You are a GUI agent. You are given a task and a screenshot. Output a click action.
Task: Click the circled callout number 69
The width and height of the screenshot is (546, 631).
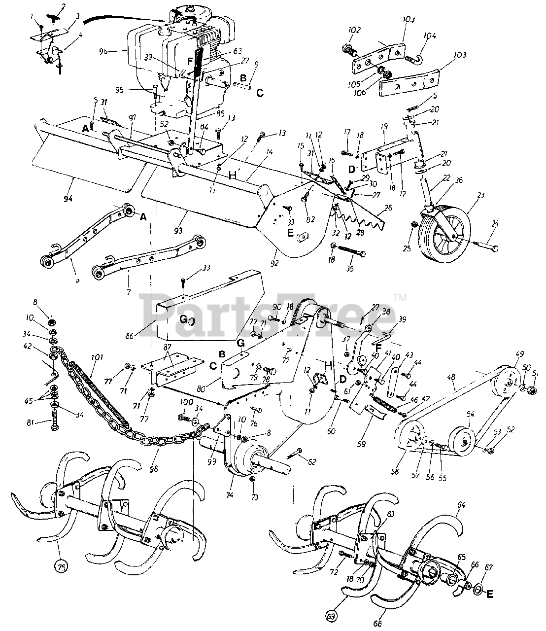coord(333,616)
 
